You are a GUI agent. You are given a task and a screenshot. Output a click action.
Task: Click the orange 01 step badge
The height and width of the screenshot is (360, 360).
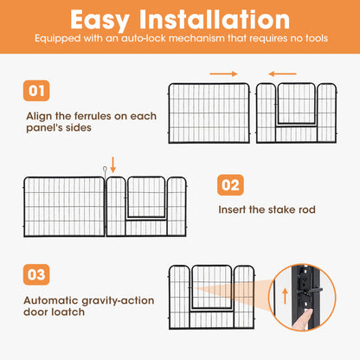tap(36, 91)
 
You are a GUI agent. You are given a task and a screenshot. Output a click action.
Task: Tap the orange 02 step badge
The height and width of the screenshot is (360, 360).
tap(230, 185)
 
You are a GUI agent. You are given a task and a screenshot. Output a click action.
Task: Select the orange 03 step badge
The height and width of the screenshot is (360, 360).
tap(36, 274)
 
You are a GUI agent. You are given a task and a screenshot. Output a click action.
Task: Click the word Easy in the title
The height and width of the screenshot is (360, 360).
tap(100, 20)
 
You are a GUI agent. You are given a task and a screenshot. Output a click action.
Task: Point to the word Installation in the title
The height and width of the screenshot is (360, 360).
tap(215, 19)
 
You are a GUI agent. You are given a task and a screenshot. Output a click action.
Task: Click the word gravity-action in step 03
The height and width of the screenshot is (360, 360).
tap(118, 301)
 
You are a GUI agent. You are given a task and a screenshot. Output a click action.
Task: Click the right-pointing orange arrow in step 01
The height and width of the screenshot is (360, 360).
tap(223, 74)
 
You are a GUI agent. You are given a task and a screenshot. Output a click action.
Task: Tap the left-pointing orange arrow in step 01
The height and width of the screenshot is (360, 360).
tap(282, 74)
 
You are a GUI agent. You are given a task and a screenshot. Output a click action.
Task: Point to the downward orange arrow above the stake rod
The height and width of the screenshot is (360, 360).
tap(113, 165)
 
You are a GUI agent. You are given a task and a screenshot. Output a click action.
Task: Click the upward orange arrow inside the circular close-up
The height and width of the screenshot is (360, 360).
tap(285, 296)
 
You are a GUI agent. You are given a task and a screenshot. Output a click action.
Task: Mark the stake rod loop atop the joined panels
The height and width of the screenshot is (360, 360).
tap(105, 169)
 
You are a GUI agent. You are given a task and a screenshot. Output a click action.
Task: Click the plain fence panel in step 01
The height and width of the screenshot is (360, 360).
tap(209, 113)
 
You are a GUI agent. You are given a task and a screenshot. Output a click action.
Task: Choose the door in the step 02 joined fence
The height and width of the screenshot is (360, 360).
tap(146, 198)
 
